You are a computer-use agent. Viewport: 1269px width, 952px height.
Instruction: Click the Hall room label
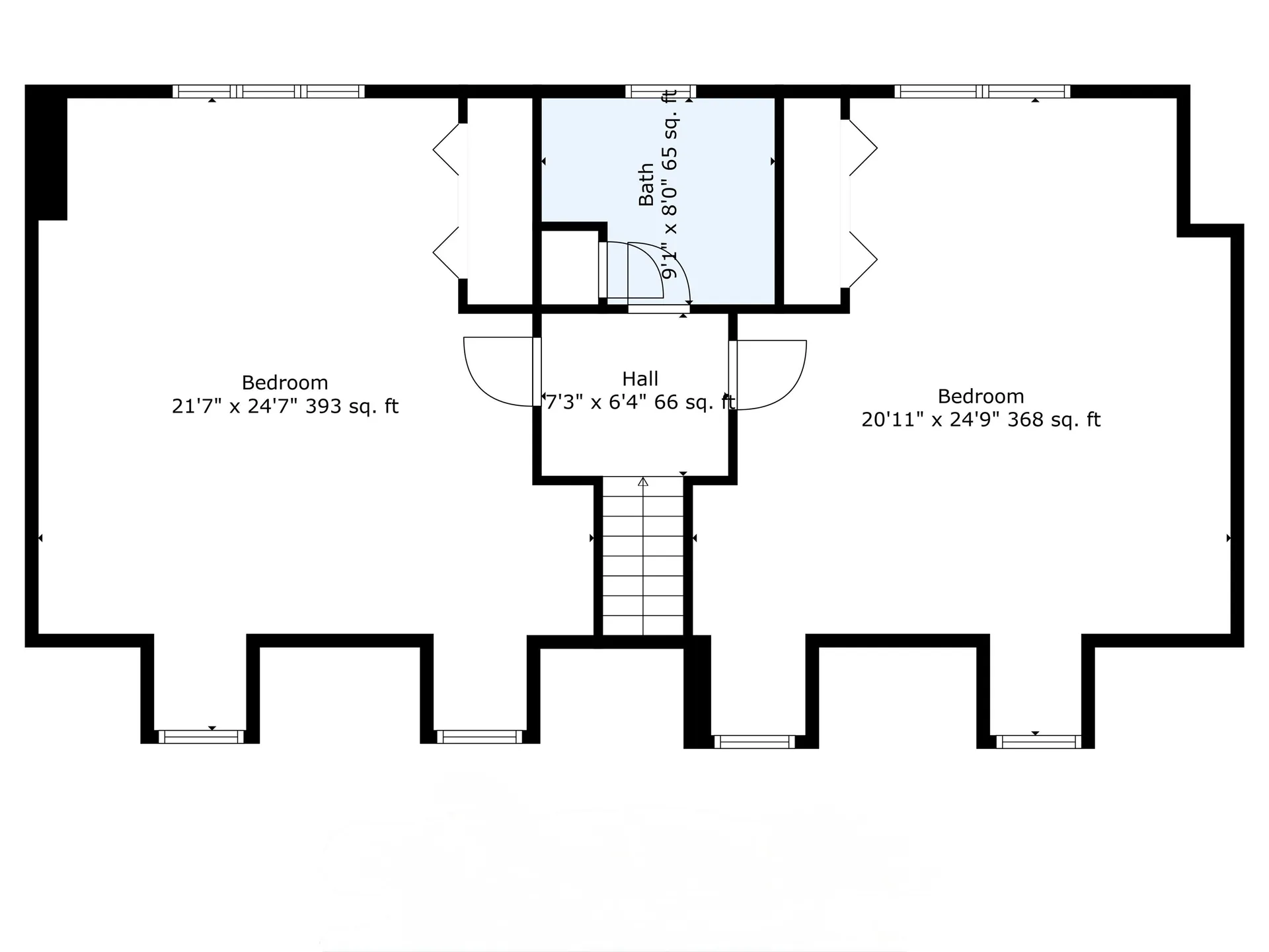coord(640,379)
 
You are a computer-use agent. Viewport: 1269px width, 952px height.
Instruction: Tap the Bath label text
coord(646,184)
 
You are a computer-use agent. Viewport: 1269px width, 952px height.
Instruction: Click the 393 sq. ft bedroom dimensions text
coord(285,406)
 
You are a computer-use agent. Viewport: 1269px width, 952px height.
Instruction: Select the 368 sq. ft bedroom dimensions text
coord(981,420)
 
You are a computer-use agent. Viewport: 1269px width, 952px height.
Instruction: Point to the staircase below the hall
coord(642,562)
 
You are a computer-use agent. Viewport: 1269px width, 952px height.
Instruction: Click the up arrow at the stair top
coord(643,482)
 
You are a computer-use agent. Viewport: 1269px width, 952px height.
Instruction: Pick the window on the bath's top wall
coord(660,91)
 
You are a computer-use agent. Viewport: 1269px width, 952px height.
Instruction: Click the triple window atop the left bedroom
coord(268,91)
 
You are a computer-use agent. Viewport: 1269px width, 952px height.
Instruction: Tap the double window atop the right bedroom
coord(982,91)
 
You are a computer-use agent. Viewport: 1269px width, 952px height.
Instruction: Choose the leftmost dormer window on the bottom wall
coord(201,736)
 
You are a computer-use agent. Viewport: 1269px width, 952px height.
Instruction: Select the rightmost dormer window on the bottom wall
coord(1038,741)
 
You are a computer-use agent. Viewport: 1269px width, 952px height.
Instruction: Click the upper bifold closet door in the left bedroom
coord(447,149)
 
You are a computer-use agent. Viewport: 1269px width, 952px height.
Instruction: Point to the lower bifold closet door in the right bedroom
coord(863,260)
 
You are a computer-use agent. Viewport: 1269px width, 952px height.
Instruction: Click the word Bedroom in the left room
coord(285,383)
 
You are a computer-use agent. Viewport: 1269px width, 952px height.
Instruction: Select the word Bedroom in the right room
coord(981,397)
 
